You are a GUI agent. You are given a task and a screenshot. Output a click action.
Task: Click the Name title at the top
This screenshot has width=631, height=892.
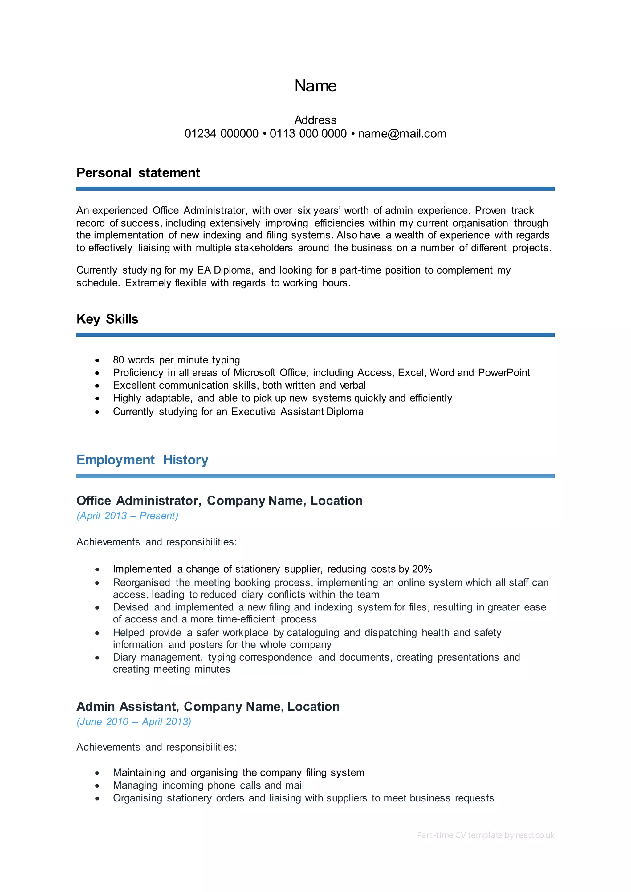(x=315, y=86)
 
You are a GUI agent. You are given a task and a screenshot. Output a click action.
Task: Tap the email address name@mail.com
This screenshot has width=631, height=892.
(x=402, y=134)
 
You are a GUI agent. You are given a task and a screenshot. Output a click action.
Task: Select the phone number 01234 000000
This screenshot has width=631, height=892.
(x=222, y=134)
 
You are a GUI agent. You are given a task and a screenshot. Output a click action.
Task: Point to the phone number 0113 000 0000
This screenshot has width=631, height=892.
(x=308, y=134)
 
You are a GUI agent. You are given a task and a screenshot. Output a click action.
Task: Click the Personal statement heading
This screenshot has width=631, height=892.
(x=138, y=173)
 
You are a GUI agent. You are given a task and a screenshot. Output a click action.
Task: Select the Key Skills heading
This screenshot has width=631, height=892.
(x=107, y=319)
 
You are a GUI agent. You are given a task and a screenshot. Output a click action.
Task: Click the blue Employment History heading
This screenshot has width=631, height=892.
(x=142, y=460)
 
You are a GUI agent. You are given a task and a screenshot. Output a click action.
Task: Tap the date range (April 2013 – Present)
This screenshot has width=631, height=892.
(x=128, y=516)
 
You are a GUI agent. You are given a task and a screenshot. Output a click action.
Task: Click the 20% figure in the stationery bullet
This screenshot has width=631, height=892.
(x=422, y=569)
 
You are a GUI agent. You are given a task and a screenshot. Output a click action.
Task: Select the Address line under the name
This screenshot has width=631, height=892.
(x=315, y=120)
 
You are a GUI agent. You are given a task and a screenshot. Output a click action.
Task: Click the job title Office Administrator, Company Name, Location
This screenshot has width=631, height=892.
(x=220, y=501)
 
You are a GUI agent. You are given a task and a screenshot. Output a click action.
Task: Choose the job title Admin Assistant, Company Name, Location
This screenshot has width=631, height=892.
(x=208, y=706)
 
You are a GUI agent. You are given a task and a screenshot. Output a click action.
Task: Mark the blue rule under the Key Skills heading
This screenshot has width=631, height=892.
(x=315, y=334)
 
